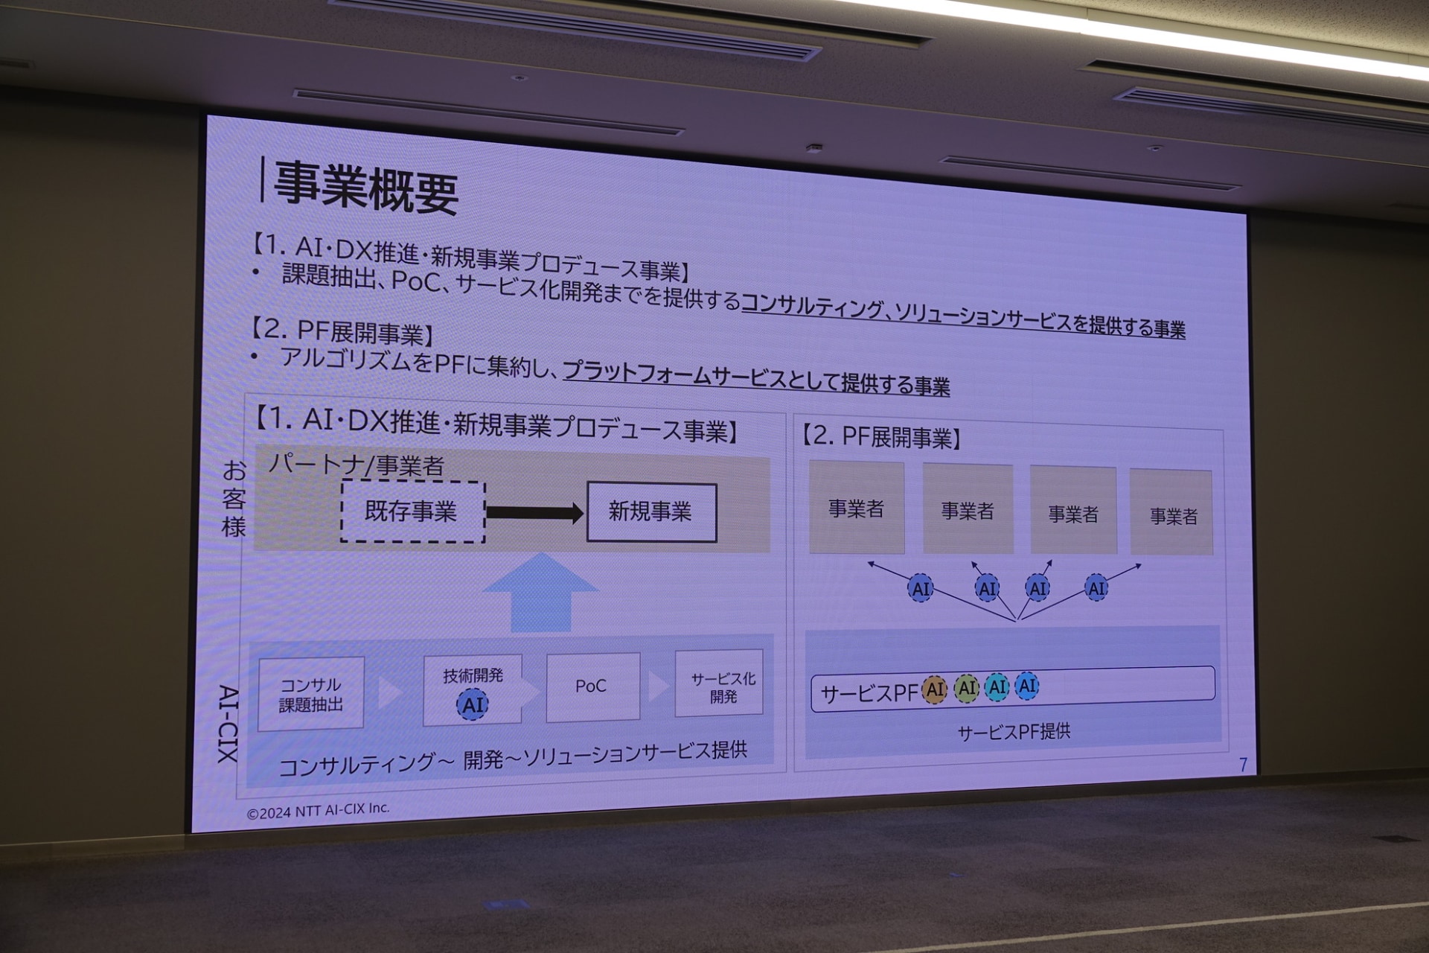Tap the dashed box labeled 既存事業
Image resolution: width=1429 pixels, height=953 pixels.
[x=412, y=511]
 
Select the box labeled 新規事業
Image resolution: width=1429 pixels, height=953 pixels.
[x=651, y=512]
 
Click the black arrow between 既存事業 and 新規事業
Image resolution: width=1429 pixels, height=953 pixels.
[x=534, y=512]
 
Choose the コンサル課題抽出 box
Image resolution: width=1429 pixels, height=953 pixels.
[x=311, y=694]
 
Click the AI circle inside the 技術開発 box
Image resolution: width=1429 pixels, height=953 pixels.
[x=472, y=704]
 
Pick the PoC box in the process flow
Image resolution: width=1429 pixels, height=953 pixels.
[x=592, y=686]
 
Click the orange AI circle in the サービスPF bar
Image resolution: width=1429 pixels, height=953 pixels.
[x=934, y=689]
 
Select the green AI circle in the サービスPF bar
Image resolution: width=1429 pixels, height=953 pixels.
[x=966, y=689]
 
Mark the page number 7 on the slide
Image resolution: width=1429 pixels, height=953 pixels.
[x=1243, y=765]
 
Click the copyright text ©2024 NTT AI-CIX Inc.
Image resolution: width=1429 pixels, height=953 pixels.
[x=318, y=811]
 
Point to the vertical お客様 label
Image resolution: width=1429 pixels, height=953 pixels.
[x=234, y=498]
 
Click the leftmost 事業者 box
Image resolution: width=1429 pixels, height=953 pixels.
[x=857, y=508]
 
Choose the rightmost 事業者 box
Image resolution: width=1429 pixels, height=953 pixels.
[x=1172, y=514]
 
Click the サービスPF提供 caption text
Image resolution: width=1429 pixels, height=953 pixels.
[x=1014, y=732]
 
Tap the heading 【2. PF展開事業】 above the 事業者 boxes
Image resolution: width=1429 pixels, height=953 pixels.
[x=881, y=437]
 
